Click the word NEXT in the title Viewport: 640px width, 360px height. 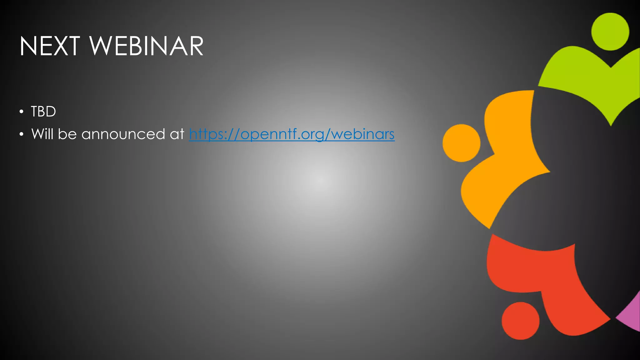pyautogui.click(x=50, y=46)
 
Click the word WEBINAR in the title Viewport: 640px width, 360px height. pyautogui.click(x=147, y=46)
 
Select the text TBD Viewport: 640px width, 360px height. pyautogui.click(x=43, y=112)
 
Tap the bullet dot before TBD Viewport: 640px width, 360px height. pyautogui.click(x=21, y=112)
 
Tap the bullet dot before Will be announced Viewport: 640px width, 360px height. pyautogui.click(x=21, y=134)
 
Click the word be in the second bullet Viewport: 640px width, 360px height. pyautogui.click(x=67, y=134)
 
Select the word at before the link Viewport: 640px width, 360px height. pyautogui.click(x=177, y=134)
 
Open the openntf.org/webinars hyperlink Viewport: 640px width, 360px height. pyautogui.click(x=292, y=134)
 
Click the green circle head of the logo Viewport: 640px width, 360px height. pyautogui.click(x=610, y=32)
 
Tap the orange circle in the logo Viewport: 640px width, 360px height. pyautogui.click(x=461, y=143)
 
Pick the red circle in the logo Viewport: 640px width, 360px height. pyautogui.click(x=520, y=321)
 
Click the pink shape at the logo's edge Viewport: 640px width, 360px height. pyautogui.click(x=631, y=316)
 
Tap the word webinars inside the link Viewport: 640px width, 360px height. pyautogui.click(x=363, y=134)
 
